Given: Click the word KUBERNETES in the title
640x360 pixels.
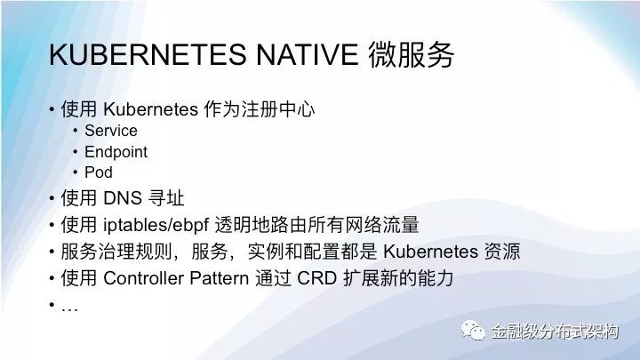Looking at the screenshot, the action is tap(148, 54).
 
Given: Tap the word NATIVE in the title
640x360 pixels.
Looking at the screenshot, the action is tap(308, 54).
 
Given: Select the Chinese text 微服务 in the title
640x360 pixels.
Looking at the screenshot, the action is tap(411, 54).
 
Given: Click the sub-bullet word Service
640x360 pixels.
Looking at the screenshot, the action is tap(111, 131).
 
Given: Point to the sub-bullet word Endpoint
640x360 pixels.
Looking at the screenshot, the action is tap(116, 152).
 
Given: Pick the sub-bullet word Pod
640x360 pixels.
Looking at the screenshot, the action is tap(99, 172).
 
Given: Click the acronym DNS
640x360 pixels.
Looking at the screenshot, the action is tap(122, 198).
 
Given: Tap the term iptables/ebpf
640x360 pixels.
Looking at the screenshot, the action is tap(156, 225).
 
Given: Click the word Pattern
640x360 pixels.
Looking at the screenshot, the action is tap(220, 278).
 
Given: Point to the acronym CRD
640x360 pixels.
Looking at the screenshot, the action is tap(316, 278).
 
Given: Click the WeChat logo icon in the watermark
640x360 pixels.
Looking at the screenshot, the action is tap(473, 330).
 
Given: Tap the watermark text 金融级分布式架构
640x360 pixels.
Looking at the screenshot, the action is tap(555, 331).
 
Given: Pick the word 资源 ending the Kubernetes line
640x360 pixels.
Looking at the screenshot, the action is tap(502, 252).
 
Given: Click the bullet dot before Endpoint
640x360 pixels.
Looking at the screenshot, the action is tap(76, 152).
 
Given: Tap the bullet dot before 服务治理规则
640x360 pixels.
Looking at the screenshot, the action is tap(52, 252).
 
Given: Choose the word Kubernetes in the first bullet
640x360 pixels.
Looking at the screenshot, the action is tap(150, 109).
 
